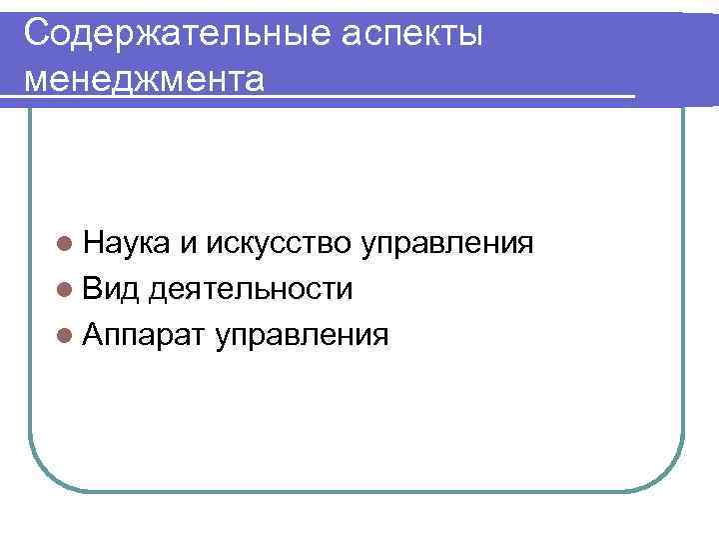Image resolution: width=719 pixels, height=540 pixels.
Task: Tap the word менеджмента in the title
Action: (146, 78)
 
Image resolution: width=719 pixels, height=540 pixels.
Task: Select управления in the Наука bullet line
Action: (447, 245)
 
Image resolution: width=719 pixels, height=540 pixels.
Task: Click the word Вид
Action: (113, 289)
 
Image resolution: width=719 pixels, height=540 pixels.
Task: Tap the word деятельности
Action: (251, 289)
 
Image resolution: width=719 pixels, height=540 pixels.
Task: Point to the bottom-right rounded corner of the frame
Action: (670, 476)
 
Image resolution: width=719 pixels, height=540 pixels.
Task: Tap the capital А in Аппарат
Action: (96, 335)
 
